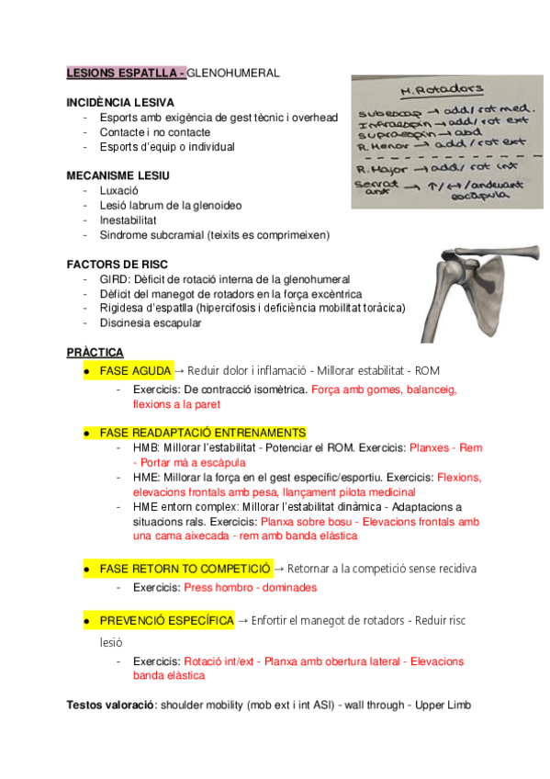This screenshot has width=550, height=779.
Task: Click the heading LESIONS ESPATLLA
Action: click(124, 72)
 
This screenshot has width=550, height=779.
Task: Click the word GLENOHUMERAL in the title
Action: click(233, 72)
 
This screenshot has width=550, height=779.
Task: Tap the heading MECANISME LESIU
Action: click(118, 175)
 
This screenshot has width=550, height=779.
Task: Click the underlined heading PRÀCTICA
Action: click(95, 353)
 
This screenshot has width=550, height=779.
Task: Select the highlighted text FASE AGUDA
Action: click(135, 371)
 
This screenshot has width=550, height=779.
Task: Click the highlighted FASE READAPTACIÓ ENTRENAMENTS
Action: click(203, 432)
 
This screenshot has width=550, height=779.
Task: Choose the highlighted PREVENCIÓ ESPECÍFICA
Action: click(166, 621)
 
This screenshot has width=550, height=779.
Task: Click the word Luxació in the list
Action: click(119, 190)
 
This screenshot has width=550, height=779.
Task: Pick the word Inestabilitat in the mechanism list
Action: click(129, 220)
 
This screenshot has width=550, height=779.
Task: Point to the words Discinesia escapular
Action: click(151, 322)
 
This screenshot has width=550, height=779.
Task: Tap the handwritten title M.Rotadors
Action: click(442, 90)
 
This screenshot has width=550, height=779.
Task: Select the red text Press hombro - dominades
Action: click(251, 587)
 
